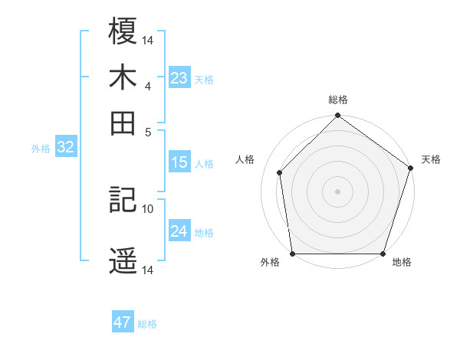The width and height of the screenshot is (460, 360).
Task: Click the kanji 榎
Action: tap(123, 31)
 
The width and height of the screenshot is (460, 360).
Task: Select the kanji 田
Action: tap(123, 123)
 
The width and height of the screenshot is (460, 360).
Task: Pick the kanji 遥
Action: tap(123, 261)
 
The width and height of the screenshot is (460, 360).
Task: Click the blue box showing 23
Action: tap(179, 78)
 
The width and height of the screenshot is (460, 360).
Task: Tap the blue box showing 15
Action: tap(179, 162)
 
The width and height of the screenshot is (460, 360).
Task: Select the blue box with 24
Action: tap(179, 231)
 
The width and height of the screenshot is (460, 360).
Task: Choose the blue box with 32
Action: tap(65, 148)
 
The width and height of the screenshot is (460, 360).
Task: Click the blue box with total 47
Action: tap(123, 322)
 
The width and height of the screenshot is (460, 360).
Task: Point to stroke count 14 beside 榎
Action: tap(148, 41)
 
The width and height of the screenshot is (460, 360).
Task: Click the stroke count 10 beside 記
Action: tap(148, 208)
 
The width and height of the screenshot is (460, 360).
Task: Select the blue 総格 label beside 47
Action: tap(147, 324)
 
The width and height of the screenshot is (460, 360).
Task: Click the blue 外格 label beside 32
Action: tap(41, 149)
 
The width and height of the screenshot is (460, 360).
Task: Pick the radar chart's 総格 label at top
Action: tap(338, 100)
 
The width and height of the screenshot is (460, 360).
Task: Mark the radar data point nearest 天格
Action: tap(410, 169)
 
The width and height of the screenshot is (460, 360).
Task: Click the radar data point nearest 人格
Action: tap(280, 172)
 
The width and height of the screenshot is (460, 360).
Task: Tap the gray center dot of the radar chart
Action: tap(338, 191)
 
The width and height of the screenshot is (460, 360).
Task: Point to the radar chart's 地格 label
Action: tap(402, 263)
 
